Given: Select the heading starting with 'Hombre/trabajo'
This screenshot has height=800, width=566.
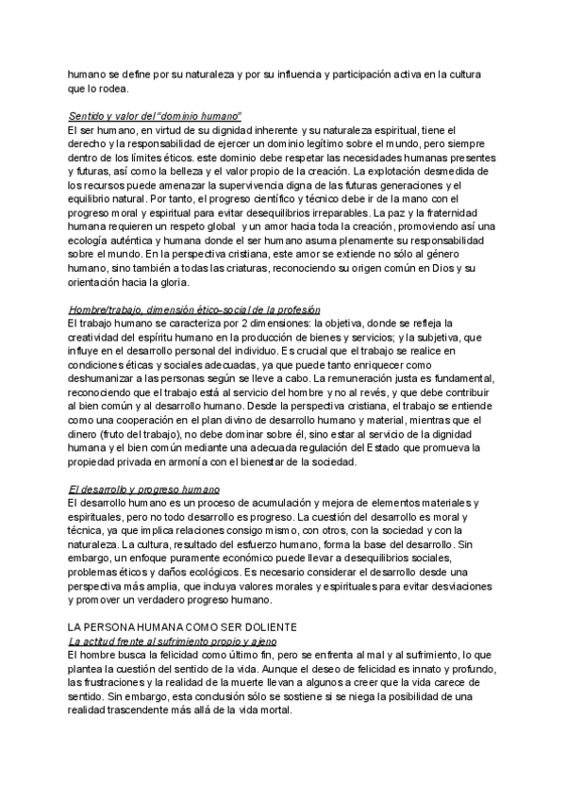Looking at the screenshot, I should coord(195,309).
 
